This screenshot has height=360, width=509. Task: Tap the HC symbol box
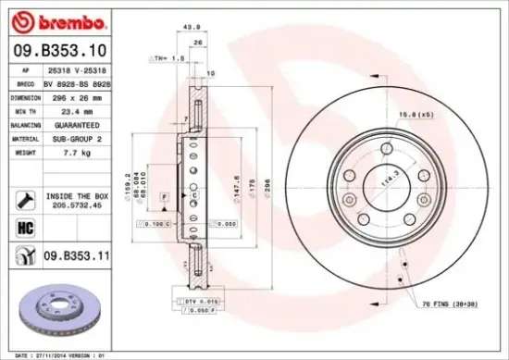tap(24, 223)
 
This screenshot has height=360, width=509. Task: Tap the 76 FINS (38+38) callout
tap(455, 304)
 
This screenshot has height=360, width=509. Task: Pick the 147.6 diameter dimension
tap(238, 181)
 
